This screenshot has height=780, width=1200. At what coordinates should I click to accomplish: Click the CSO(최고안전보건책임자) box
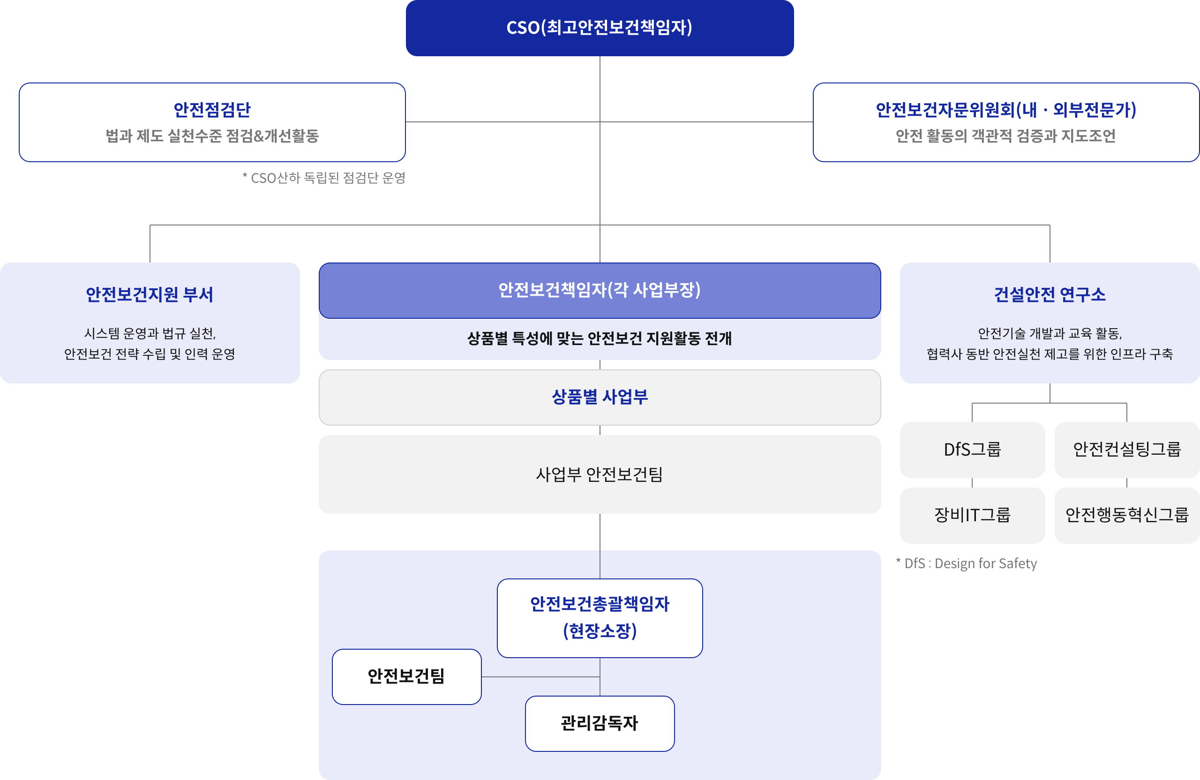coord(600,28)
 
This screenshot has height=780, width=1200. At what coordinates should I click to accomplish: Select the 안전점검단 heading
coord(212,109)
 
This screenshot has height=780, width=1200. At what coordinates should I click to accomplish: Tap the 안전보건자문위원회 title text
coord(1005,109)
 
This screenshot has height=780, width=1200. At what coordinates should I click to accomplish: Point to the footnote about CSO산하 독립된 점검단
coord(324,178)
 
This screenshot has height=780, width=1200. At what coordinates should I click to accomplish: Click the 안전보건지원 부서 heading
coord(149,294)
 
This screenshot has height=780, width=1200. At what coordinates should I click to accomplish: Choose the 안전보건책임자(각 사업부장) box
coord(600,290)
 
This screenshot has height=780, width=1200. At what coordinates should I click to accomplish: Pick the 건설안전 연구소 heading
coord(1050,294)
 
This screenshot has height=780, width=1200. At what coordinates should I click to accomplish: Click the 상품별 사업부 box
coord(600,397)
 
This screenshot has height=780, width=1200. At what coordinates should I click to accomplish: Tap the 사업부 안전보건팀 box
coord(600,474)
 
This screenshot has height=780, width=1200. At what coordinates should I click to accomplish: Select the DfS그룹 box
coord(972,449)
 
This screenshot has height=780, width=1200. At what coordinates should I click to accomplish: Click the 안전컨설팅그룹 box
coord(1127,449)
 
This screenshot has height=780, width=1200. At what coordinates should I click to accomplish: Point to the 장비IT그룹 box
coord(972,515)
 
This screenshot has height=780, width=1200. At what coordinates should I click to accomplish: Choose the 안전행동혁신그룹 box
coord(1127,515)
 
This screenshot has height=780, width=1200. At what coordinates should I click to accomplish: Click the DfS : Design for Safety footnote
coord(966,563)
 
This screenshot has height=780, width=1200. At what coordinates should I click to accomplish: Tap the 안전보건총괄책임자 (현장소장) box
coord(600,618)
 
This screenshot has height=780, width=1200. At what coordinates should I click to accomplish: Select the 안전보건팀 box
coord(406,676)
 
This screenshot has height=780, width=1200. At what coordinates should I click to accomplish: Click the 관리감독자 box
coord(600,723)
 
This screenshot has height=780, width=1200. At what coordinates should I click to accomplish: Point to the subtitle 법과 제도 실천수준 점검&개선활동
coord(212,135)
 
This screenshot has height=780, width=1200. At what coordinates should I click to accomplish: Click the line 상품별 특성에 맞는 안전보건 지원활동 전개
coord(600,338)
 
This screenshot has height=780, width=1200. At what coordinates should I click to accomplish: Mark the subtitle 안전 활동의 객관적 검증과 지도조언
coord(1005,135)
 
